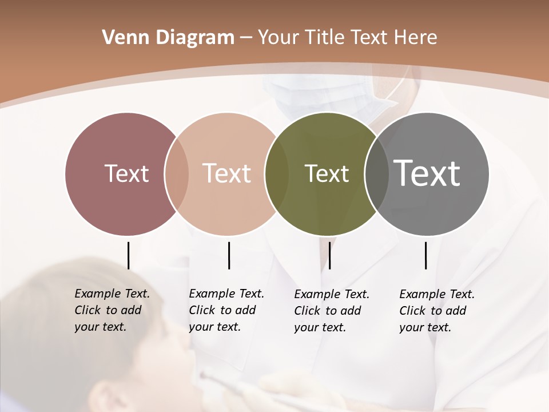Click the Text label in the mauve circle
click(x=126, y=173)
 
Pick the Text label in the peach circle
click(x=226, y=173)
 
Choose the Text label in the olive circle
click(x=327, y=173)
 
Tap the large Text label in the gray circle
click(x=427, y=173)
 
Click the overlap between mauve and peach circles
click(x=177, y=174)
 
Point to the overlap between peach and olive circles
click(x=277, y=174)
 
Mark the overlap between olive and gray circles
click(x=376, y=174)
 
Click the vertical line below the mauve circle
click(x=128, y=255)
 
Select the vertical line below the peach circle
click(x=229, y=255)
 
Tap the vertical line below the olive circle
click(x=329, y=255)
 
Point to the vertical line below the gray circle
click(x=425, y=255)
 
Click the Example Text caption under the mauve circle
click(x=112, y=310)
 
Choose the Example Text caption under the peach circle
click(x=226, y=310)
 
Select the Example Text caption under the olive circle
click(x=331, y=311)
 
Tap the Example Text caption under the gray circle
click(x=436, y=311)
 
